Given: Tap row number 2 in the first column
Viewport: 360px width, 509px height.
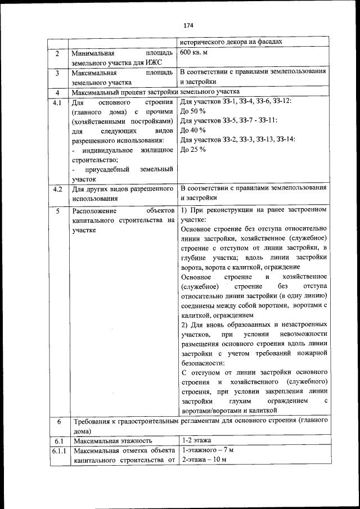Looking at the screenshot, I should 57,54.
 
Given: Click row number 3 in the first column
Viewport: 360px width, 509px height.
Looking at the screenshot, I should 57,73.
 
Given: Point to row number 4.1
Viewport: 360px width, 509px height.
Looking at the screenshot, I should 57,103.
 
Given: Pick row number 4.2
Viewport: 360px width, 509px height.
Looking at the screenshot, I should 57,189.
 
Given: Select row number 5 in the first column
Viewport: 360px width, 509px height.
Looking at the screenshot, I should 57,211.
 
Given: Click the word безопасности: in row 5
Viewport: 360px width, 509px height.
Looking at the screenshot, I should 203,363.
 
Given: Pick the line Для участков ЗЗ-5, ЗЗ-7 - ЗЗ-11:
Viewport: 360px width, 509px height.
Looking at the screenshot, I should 228,121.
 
